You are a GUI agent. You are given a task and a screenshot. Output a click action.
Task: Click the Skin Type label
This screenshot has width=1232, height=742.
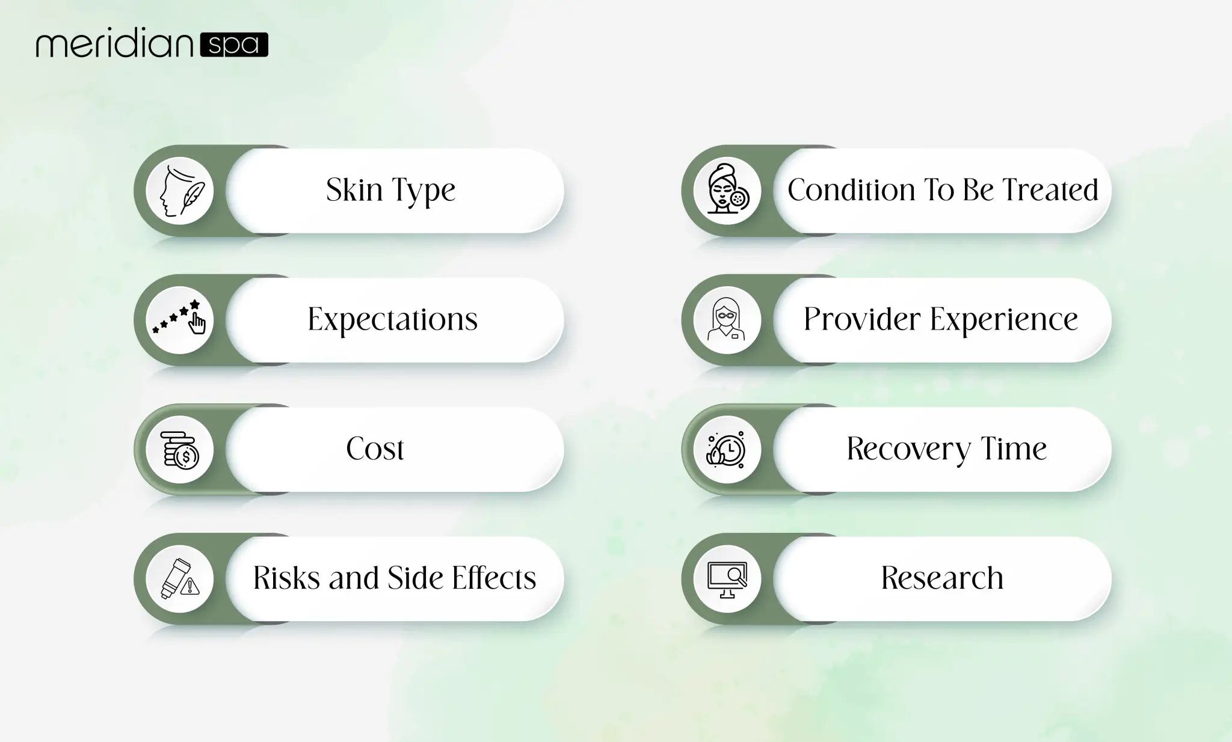pyautogui.click(x=390, y=190)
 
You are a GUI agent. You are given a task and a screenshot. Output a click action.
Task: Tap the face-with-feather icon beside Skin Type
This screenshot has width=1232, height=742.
pyautogui.click(x=180, y=191)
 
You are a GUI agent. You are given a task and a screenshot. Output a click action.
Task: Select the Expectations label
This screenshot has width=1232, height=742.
pyautogui.click(x=392, y=319)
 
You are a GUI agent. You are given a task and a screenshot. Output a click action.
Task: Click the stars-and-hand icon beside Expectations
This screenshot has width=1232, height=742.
pyautogui.click(x=180, y=320)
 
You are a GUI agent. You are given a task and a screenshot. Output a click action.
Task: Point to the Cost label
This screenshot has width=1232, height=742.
pyautogui.click(x=375, y=449)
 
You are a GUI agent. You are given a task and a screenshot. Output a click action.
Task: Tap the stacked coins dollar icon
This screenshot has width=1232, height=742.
pyautogui.click(x=180, y=450)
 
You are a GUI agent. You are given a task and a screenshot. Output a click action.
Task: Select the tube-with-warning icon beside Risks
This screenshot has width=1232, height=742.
pyautogui.click(x=180, y=579)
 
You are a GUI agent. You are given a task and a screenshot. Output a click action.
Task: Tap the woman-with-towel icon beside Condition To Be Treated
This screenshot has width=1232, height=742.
pyautogui.click(x=727, y=191)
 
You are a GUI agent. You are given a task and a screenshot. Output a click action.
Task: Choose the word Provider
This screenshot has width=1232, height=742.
pyautogui.click(x=861, y=319)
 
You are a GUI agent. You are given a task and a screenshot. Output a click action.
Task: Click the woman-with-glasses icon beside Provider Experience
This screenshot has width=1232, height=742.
pyautogui.click(x=727, y=320)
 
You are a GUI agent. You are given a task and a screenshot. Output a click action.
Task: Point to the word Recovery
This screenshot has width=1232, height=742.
pyautogui.click(x=908, y=449)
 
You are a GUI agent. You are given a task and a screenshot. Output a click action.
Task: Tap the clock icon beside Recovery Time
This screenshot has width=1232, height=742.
pyautogui.click(x=727, y=450)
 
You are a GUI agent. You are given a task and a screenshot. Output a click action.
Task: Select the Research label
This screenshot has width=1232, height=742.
pyautogui.click(x=942, y=578)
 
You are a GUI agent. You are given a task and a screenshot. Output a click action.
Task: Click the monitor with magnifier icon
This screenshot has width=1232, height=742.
pyautogui.click(x=727, y=579)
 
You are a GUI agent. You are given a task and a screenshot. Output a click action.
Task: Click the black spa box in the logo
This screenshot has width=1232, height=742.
pyautogui.click(x=234, y=44)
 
